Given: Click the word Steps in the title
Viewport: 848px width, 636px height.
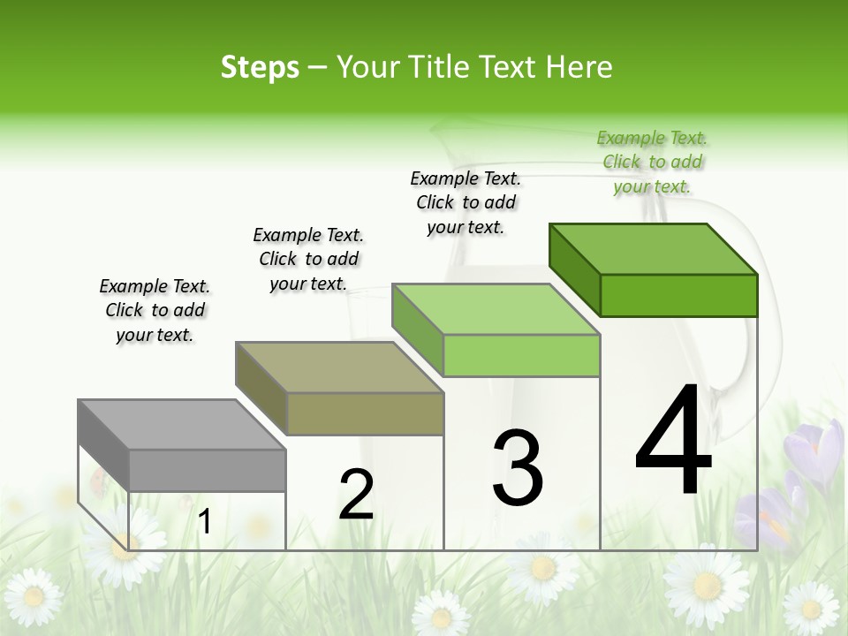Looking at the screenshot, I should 260,67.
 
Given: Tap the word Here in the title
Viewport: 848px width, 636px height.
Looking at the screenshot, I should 579,67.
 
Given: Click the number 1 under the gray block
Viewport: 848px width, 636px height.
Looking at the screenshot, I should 205,522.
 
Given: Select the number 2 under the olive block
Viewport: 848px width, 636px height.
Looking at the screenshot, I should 356,495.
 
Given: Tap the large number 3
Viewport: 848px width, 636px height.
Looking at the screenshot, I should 518,469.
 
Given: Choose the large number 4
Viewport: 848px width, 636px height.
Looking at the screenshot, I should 673,441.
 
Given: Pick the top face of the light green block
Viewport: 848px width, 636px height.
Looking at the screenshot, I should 496,310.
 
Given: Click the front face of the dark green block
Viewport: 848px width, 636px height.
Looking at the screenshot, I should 678,295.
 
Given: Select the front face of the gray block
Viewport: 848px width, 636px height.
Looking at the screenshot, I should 208,470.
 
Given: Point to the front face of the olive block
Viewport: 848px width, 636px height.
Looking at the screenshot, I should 365,413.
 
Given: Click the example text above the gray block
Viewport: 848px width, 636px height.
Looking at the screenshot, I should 155,310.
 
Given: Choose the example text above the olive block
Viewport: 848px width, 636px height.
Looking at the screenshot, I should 308,259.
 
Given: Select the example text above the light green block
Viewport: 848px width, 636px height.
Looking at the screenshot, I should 466,202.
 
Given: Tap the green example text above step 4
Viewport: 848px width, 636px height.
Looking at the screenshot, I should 652,162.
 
